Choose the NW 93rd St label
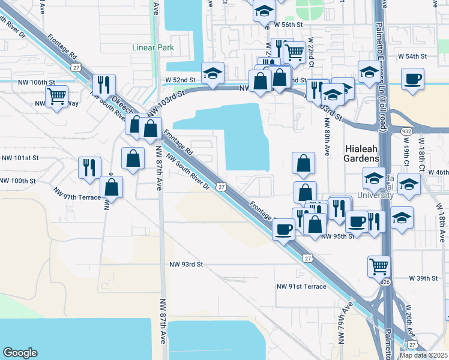point(186,264)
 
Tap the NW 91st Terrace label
point(301,286)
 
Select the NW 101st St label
point(20,158)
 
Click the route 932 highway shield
point(406,131)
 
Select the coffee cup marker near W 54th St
point(413,79)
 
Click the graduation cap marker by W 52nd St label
point(212,73)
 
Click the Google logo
point(20,353)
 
